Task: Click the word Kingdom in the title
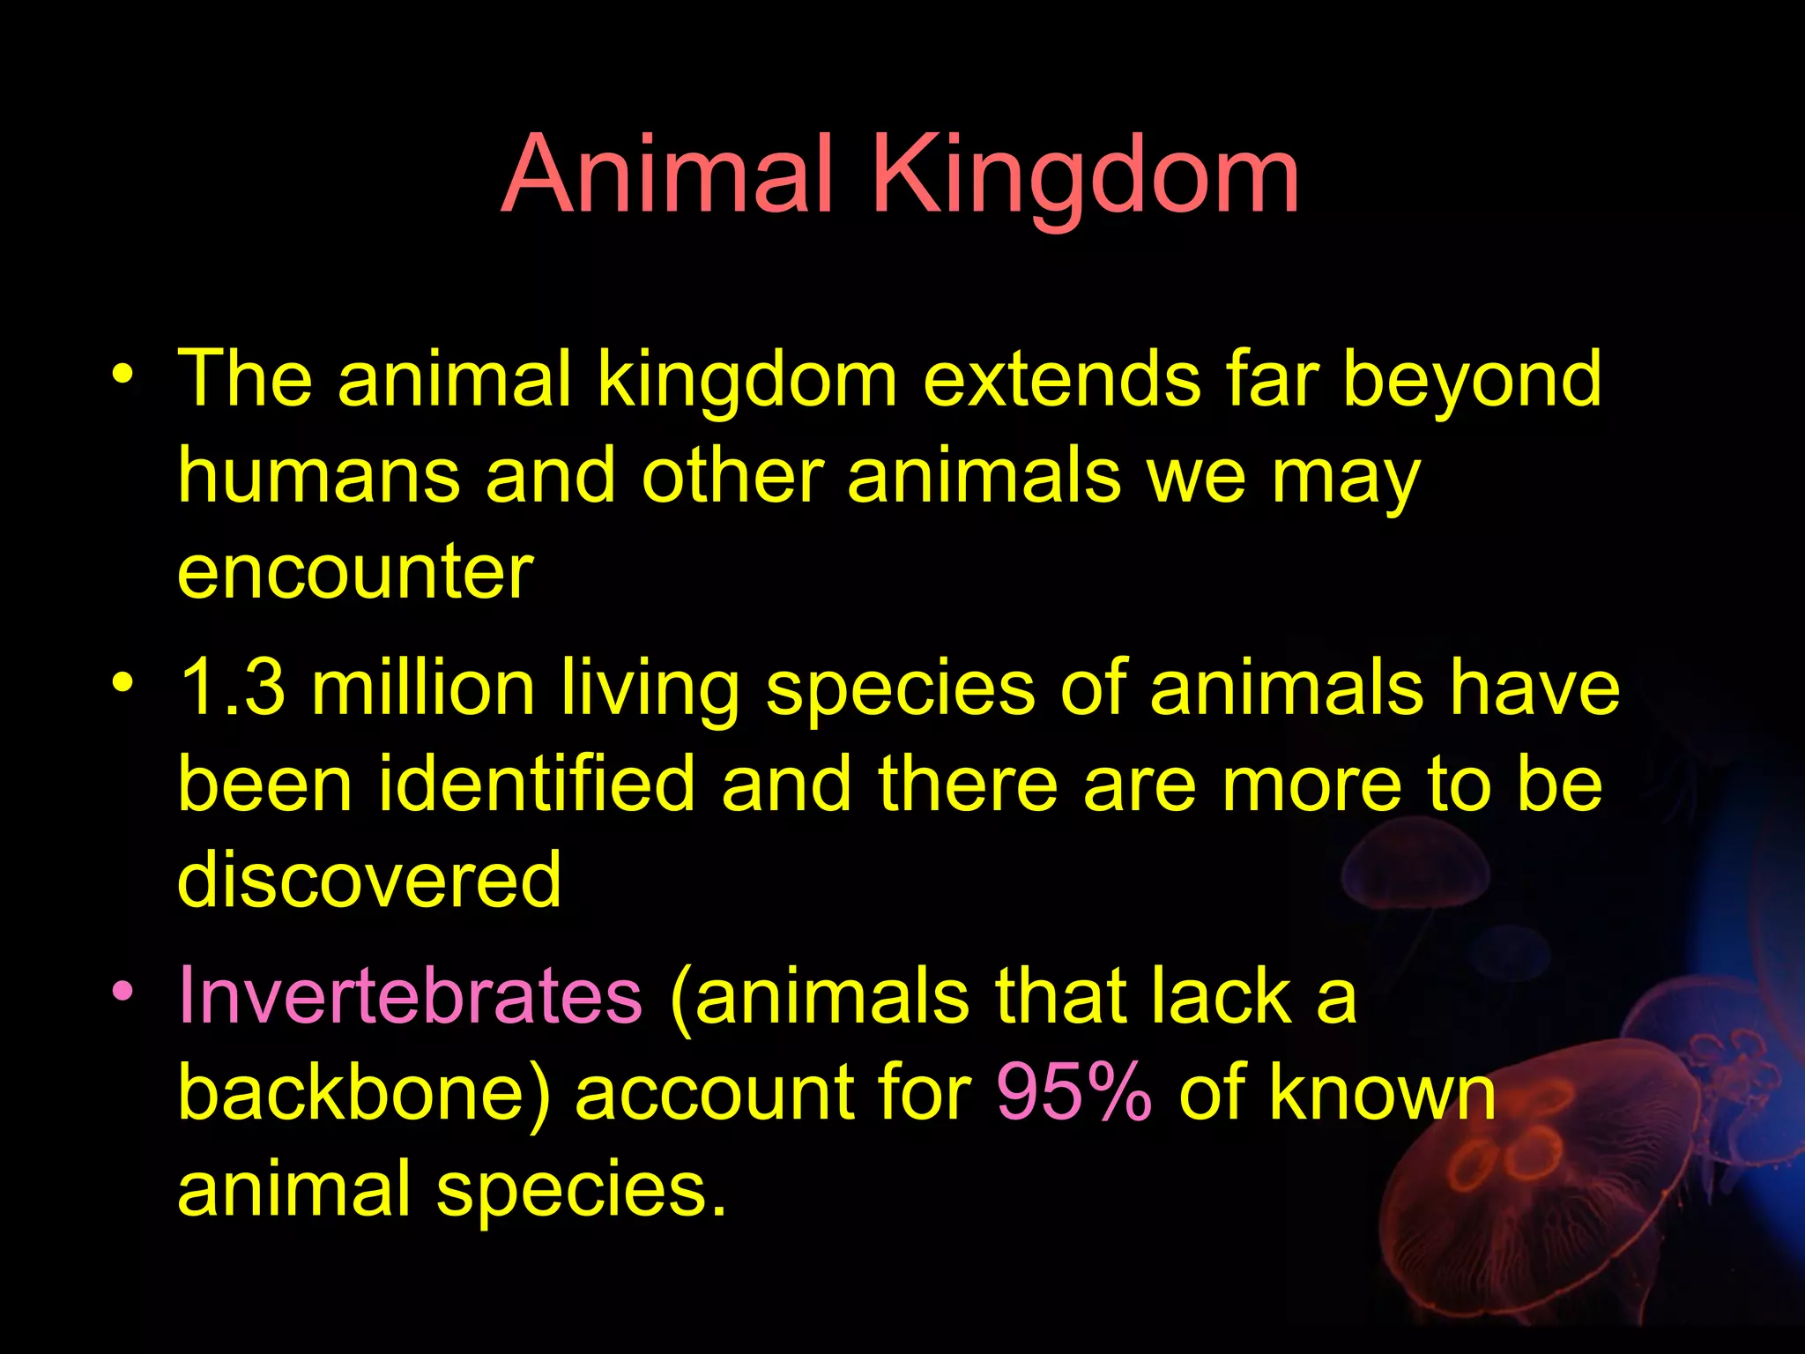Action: click(1086, 176)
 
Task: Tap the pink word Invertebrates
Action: click(410, 996)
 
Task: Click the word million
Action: click(424, 688)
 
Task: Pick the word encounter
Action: click(355, 573)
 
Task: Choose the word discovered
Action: click(369, 880)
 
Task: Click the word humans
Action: click(319, 477)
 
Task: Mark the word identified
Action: click(537, 785)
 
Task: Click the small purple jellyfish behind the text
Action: click(1415, 868)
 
